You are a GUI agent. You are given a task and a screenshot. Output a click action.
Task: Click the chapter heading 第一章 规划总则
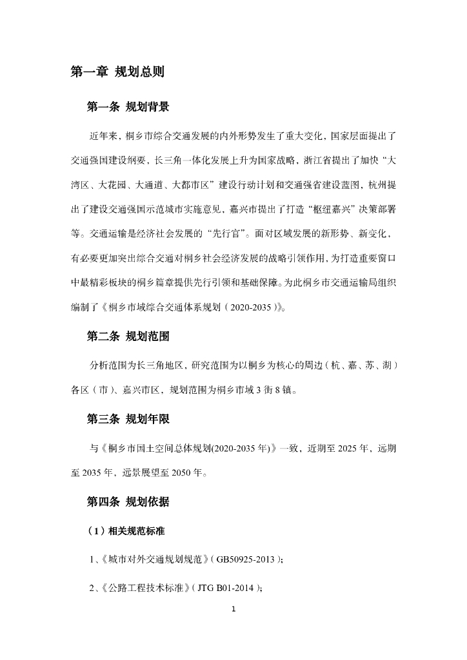pos(117,72)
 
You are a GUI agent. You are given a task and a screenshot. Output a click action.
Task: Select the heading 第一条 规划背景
pos(128,107)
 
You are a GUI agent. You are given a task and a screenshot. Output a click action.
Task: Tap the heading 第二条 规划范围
pos(128,336)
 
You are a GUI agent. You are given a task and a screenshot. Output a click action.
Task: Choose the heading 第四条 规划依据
pos(128,501)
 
